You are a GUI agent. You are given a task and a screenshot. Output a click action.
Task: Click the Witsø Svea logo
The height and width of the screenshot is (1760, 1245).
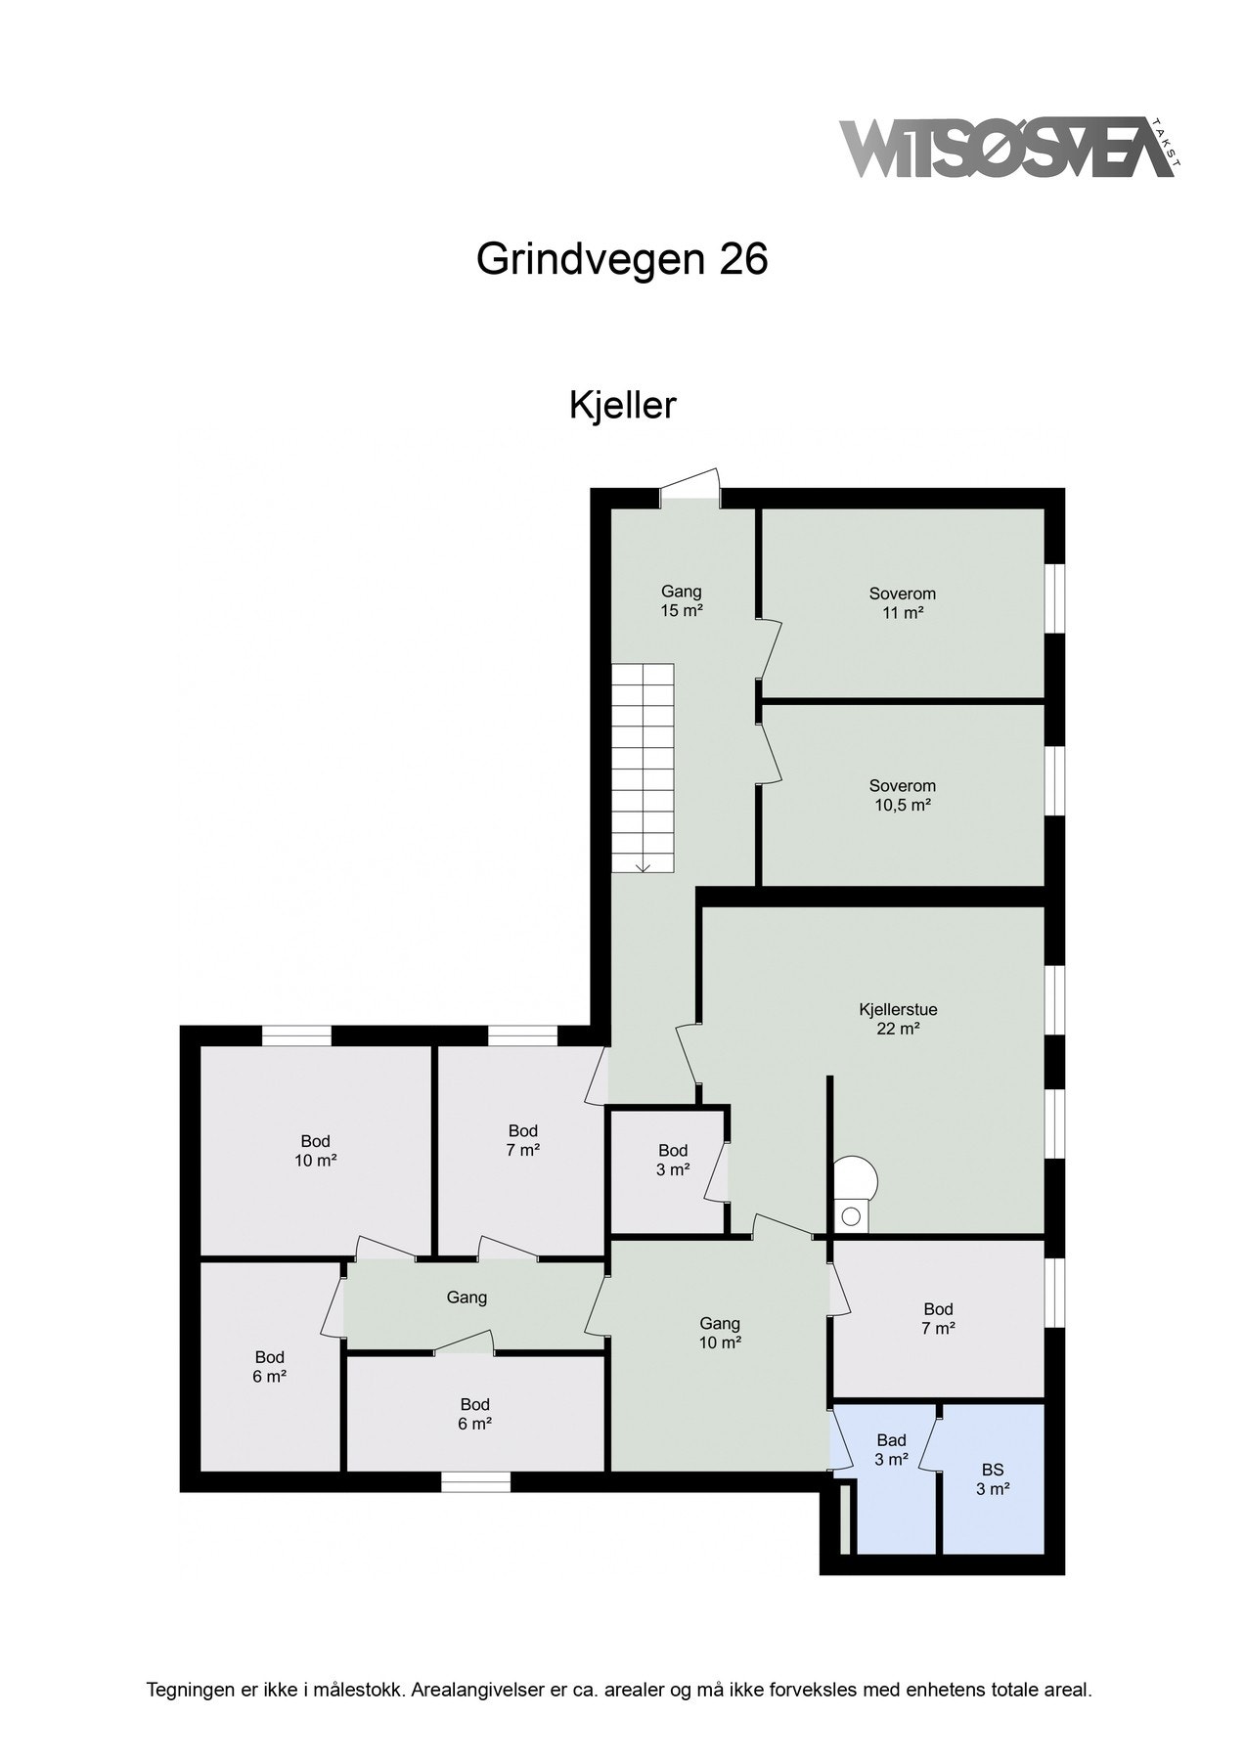point(1007,150)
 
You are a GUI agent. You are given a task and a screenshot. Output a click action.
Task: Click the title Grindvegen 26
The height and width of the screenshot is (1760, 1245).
point(622,260)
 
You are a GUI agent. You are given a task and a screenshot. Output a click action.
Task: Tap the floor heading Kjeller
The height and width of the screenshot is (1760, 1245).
point(622,405)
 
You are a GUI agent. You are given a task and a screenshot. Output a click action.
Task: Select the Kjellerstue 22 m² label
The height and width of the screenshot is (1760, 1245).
point(891,1019)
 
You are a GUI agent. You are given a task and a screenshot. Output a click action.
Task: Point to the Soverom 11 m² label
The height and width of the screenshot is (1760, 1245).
point(902,603)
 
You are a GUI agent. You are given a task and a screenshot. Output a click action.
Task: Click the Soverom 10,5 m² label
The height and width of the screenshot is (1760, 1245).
point(902,796)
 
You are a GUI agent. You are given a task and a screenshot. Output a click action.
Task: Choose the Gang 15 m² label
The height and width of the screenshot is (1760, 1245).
point(682,601)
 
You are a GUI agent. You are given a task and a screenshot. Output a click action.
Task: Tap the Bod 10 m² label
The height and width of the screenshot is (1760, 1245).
point(315,1151)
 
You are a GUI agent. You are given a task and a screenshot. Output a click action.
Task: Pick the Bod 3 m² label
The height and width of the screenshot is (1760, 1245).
point(673,1161)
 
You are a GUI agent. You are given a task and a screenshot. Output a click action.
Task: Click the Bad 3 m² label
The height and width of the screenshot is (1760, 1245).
point(891,1450)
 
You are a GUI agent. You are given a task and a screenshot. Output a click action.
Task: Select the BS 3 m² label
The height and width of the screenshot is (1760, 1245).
point(992,1479)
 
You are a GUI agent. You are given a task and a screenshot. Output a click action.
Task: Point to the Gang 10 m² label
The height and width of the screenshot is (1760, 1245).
point(720,1334)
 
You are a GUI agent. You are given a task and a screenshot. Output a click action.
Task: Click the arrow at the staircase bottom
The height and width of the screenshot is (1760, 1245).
point(644,864)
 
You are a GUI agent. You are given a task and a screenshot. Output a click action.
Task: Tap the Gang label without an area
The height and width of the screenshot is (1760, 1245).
point(467,1298)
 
